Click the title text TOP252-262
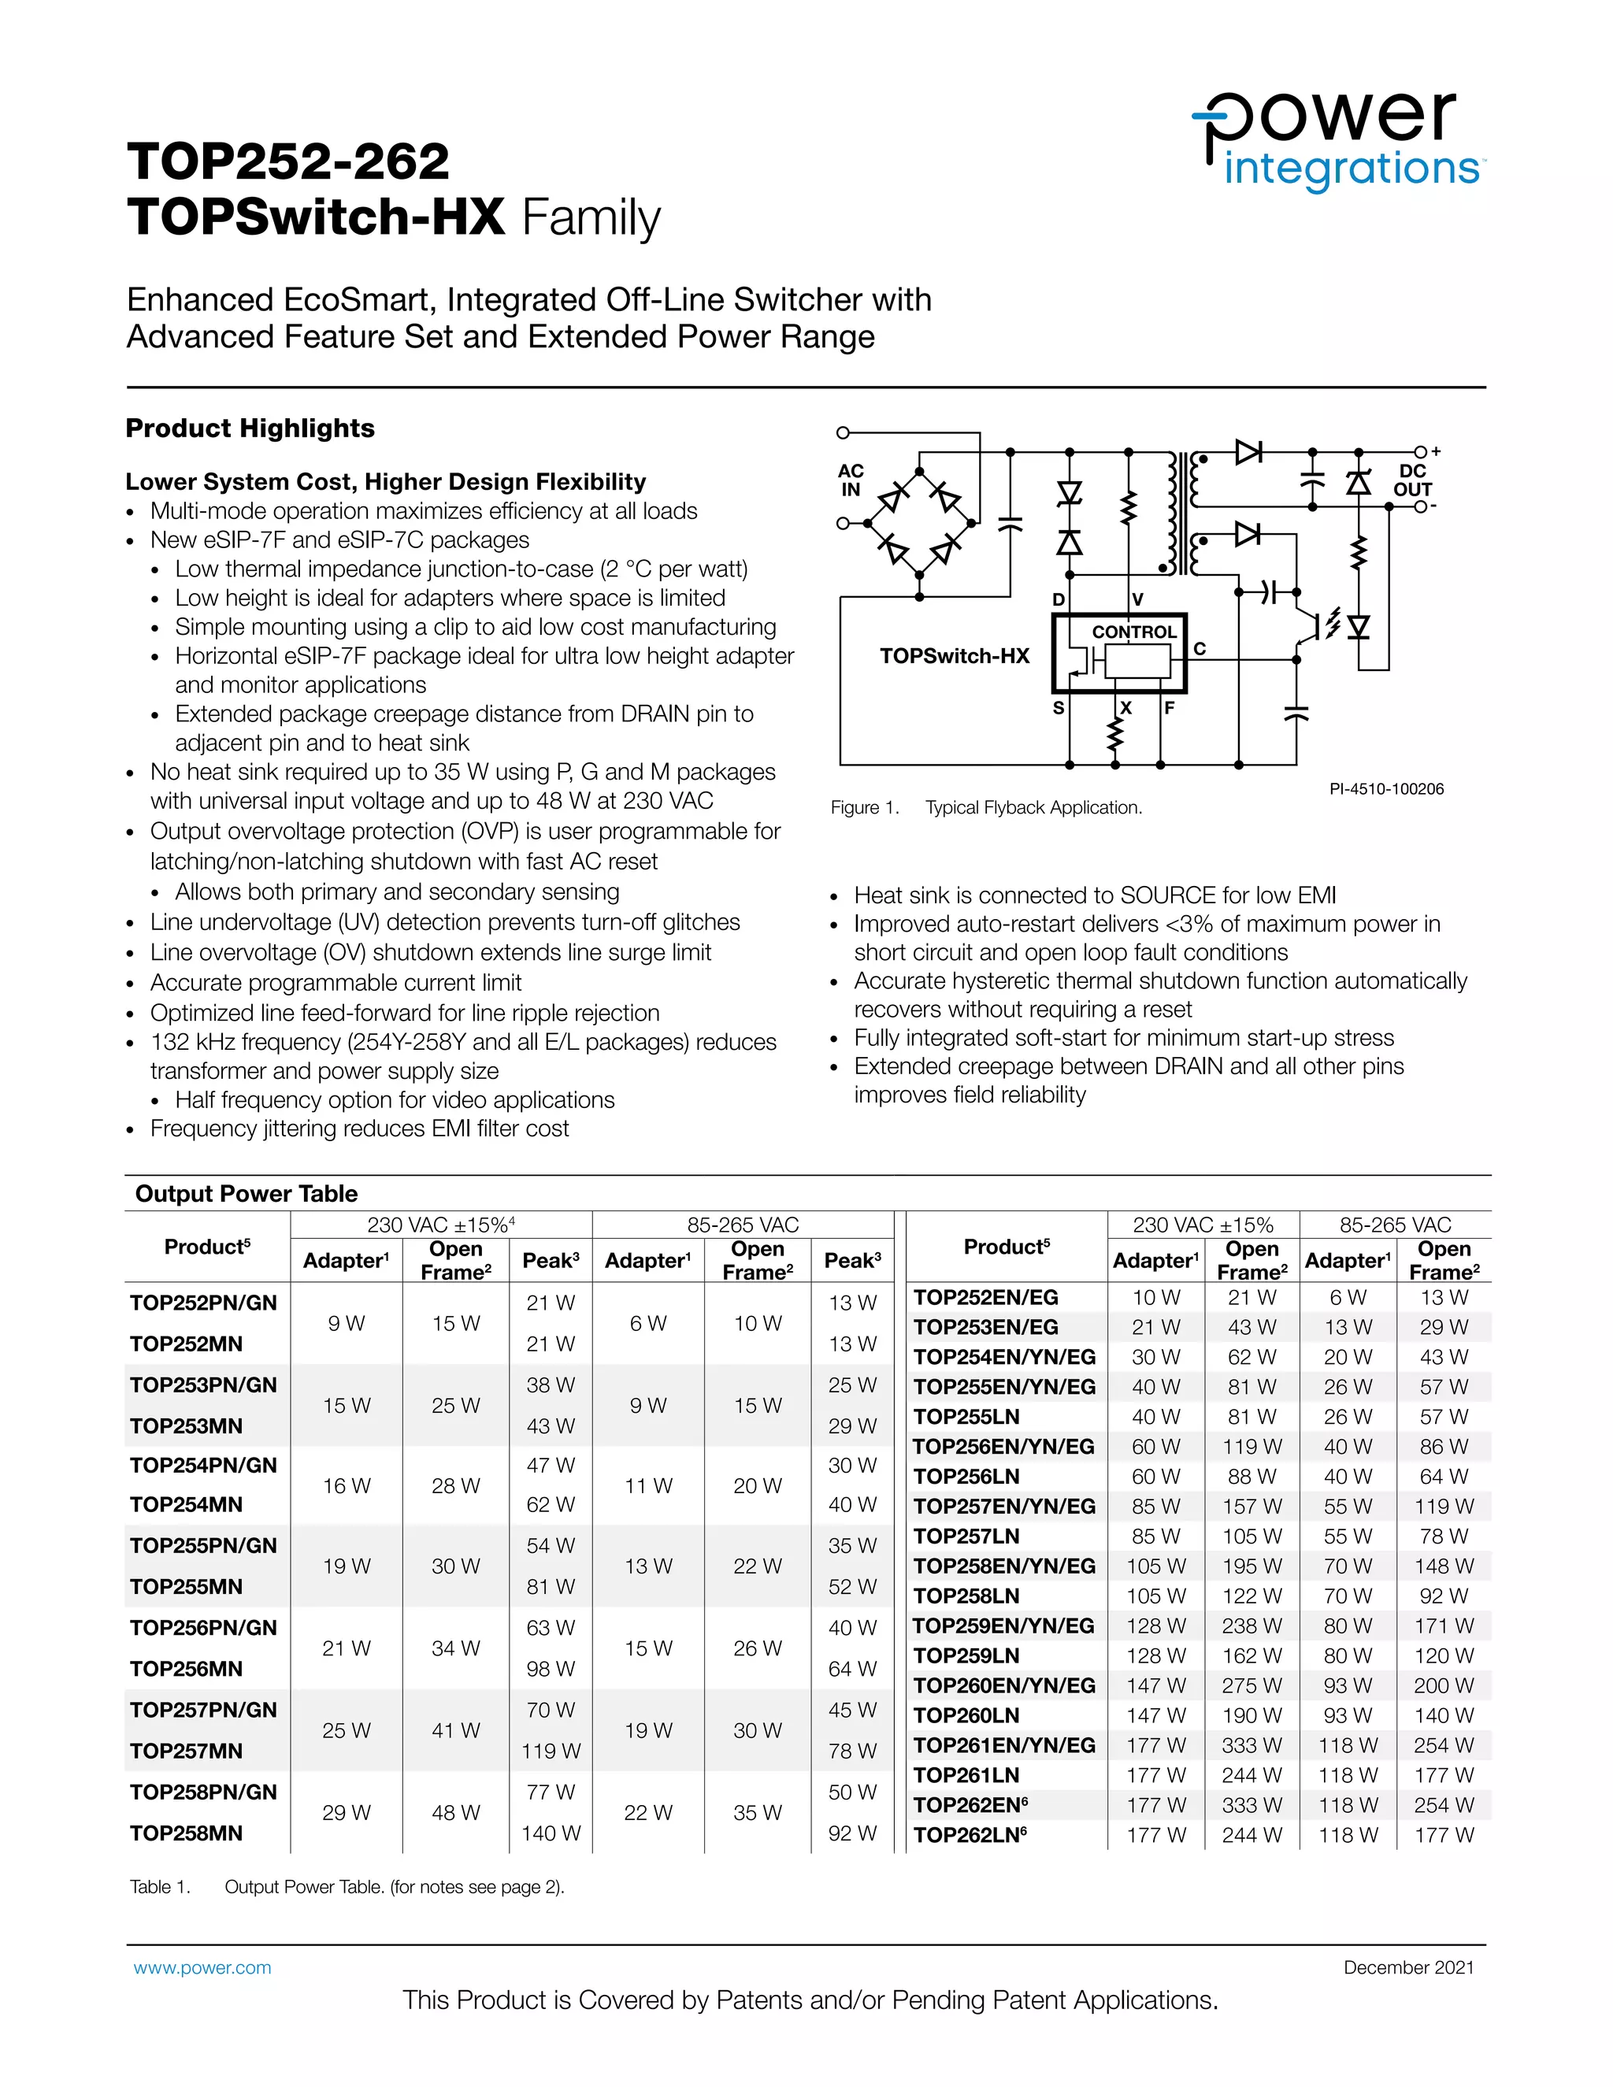point(287,161)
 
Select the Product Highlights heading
point(250,428)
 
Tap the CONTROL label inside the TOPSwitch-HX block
point(1134,632)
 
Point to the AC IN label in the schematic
point(851,480)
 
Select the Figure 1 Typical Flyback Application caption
point(986,807)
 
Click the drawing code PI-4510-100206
point(1385,788)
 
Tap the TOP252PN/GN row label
point(203,1303)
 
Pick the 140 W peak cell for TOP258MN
point(551,1833)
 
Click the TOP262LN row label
point(969,1835)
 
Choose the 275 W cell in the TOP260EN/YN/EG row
point(1251,1685)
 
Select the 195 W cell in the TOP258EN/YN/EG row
point(1251,1566)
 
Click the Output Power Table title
point(247,1193)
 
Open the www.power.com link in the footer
point(202,1967)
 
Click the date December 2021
point(1408,1967)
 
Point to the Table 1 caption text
point(347,1886)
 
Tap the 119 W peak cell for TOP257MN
point(551,1751)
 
